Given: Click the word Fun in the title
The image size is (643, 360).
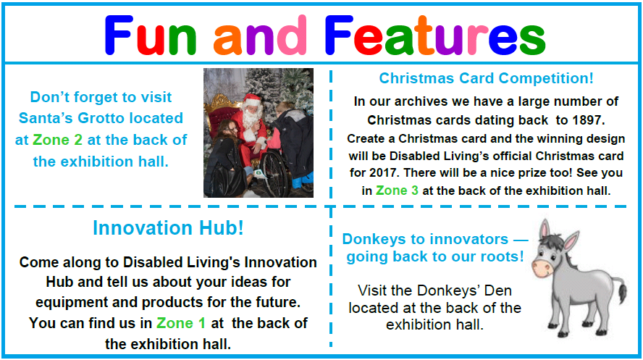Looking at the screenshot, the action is [x=150, y=36].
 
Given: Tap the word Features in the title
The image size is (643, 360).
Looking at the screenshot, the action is [x=434, y=36].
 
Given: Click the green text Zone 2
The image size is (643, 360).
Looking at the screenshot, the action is [x=57, y=140].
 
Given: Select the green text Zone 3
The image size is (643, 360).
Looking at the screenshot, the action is [x=397, y=191].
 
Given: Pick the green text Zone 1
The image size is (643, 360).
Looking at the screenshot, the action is [x=181, y=323].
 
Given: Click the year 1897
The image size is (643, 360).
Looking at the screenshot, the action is [x=588, y=120].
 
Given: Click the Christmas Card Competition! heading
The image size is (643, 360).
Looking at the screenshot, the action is [x=486, y=78].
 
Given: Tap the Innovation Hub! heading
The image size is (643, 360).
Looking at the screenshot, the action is [x=168, y=227].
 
